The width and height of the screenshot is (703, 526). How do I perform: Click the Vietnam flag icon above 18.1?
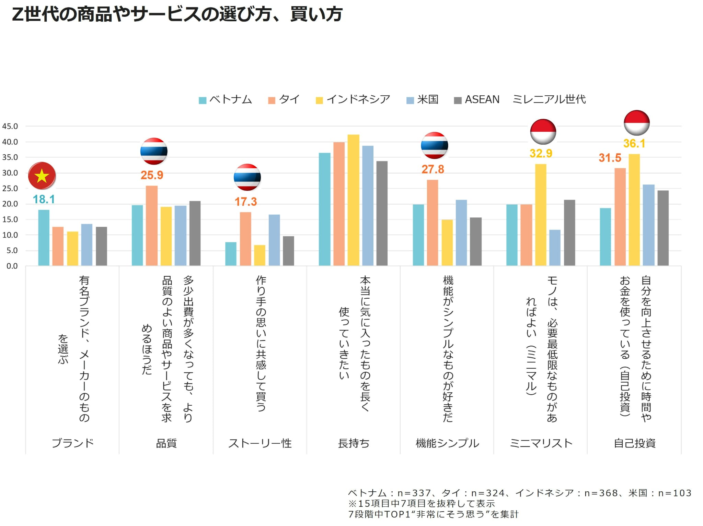[42, 176]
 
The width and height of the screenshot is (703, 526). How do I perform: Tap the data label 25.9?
[152, 175]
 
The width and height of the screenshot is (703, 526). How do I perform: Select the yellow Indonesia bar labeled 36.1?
[634, 210]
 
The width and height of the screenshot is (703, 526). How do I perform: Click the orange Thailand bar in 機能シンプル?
[433, 223]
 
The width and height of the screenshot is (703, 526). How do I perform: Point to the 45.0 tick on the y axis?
[10, 126]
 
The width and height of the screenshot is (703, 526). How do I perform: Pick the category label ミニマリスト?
[541, 443]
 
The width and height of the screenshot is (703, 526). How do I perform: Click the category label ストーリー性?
[260, 443]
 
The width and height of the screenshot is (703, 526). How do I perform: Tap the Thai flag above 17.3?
[247, 177]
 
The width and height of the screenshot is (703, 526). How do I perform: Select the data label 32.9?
[541, 153]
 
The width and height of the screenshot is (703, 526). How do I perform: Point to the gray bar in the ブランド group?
[101, 246]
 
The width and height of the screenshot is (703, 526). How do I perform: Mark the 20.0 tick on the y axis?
[10, 204]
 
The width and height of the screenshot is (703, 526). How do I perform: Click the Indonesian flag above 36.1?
[637, 123]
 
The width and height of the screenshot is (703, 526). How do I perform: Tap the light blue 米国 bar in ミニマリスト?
[555, 248]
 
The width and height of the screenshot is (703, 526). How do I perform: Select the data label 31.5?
[610, 158]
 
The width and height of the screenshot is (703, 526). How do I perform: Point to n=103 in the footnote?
[674, 493]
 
